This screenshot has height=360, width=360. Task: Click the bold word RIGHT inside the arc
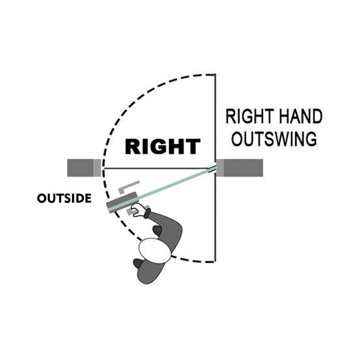click(162, 147)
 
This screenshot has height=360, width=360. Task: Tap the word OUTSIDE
click(64, 198)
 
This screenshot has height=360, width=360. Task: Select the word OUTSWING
click(274, 139)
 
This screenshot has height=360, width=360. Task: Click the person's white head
click(154, 250)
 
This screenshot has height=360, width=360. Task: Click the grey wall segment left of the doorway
click(84, 168)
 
